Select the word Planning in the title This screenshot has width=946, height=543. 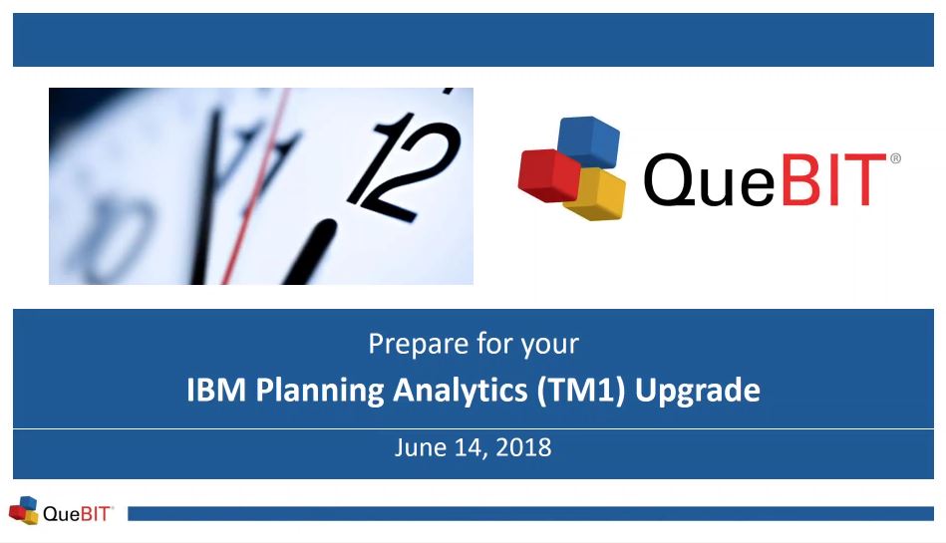pyautogui.click(x=320, y=391)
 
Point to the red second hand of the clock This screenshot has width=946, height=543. pyautogui.click(x=256, y=186)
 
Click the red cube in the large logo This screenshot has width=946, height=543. pyautogui.click(x=549, y=175)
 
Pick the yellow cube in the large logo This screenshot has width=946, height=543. pyautogui.click(x=595, y=194)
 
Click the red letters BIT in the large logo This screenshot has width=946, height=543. pyautogui.click(x=833, y=179)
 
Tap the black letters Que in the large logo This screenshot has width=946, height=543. pyautogui.click(x=709, y=179)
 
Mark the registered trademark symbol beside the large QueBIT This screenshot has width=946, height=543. pyautogui.click(x=895, y=158)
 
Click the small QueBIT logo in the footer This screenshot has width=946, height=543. pyautogui.click(x=61, y=511)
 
